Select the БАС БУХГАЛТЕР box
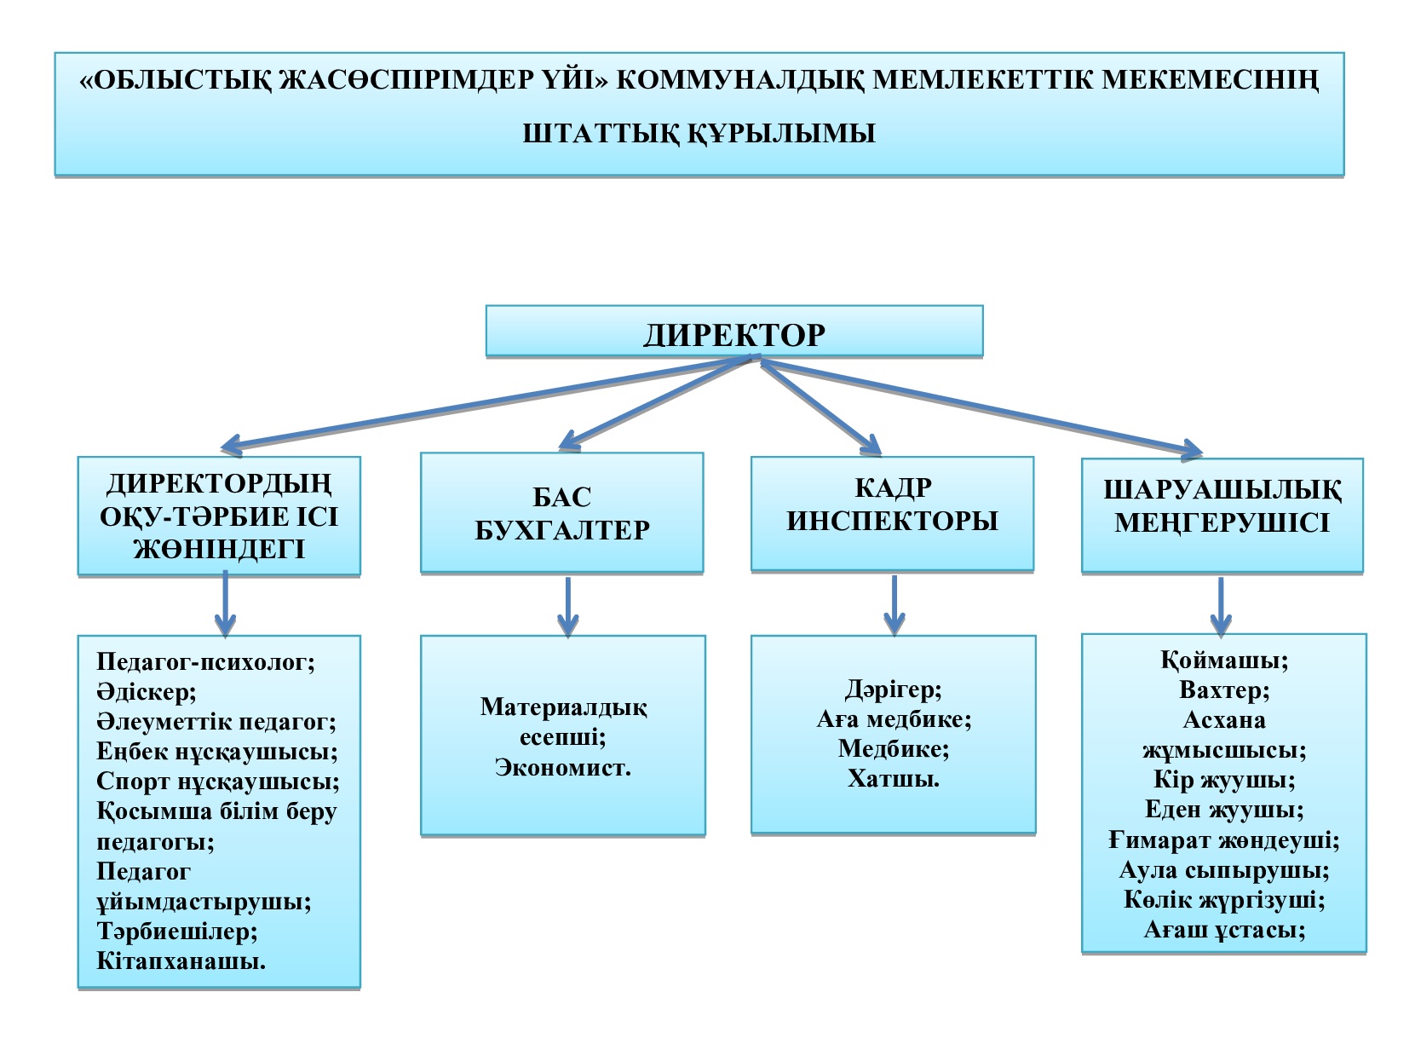pyautogui.click(x=561, y=513)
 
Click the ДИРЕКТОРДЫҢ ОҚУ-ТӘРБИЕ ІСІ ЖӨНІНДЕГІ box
pyautogui.click(x=219, y=516)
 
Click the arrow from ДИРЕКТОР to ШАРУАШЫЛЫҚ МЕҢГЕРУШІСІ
pyautogui.click(x=980, y=406)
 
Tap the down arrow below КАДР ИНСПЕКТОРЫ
pyautogui.click(x=894, y=605)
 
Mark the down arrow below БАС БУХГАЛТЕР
pyautogui.click(x=567, y=607)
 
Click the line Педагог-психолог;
pyautogui.click(x=205, y=662)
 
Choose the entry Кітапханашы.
pyautogui.click(x=181, y=961)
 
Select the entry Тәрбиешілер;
pyautogui.click(x=177, y=932)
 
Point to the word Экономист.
pyautogui.click(x=563, y=767)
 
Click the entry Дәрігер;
pyautogui.click(x=893, y=689)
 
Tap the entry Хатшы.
pyautogui.click(x=893, y=778)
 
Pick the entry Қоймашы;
pyautogui.click(x=1223, y=660)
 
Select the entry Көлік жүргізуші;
pyautogui.click(x=1223, y=900)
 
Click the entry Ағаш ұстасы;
pyautogui.click(x=1223, y=930)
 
